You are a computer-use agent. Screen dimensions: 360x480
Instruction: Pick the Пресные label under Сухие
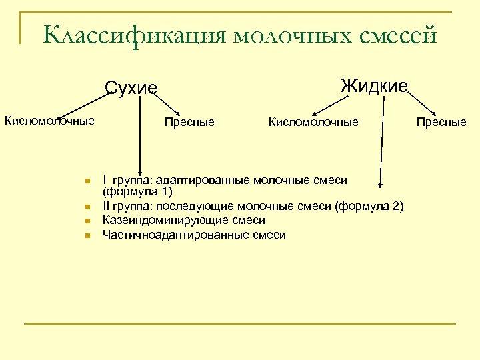189,122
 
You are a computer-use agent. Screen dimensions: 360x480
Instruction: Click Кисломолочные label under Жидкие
313,122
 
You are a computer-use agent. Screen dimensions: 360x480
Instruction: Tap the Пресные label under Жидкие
441,122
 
